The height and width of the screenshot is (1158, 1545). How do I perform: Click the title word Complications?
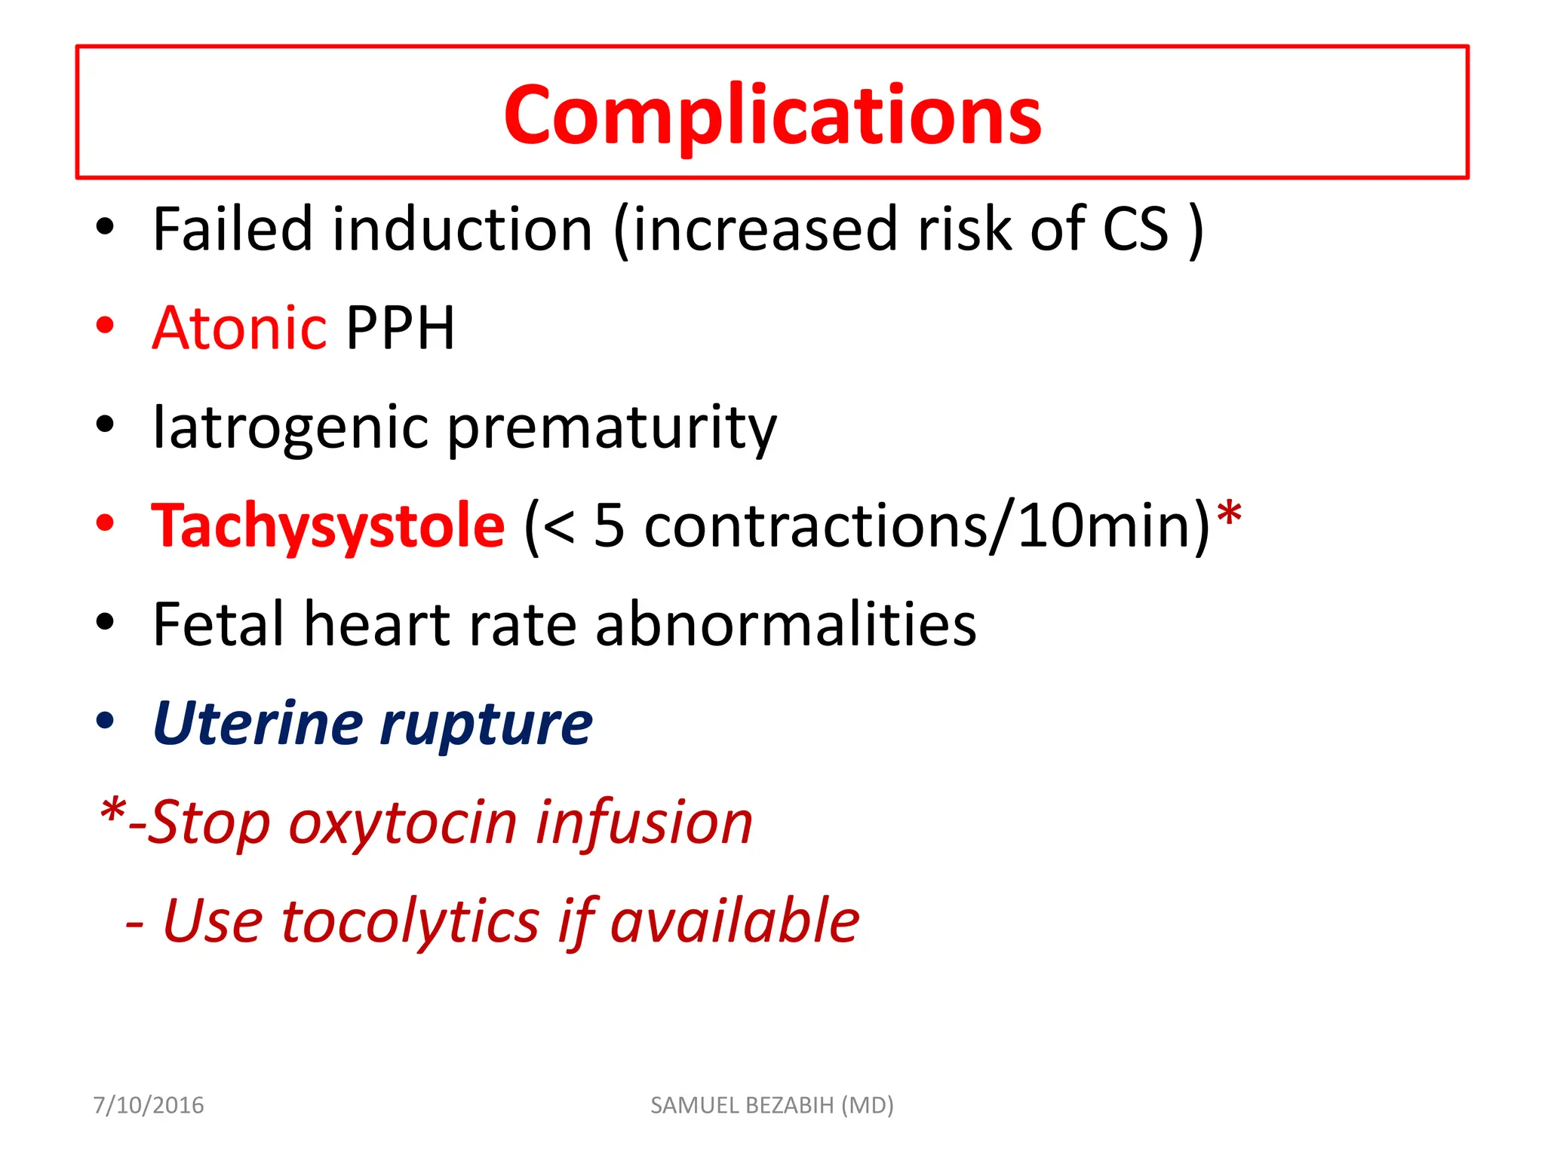pyautogui.click(x=772, y=115)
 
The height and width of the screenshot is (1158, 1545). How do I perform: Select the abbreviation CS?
pyautogui.click(x=1135, y=229)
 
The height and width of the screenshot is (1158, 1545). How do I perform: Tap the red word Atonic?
pyautogui.click(x=239, y=328)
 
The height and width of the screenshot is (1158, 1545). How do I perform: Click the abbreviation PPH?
pyautogui.click(x=400, y=328)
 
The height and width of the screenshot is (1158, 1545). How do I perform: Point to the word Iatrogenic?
pyautogui.click(x=291, y=427)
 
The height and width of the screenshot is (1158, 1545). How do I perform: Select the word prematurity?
pyautogui.click(x=612, y=427)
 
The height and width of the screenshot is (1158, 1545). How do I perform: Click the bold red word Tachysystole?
pyautogui.click(x=328, y=525)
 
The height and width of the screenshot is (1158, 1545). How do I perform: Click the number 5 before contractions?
pyautogui.click(x=609, y=525)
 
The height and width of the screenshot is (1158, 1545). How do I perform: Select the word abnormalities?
pyautogui.click(x=785, y=624)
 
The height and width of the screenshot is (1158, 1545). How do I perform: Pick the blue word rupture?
pyautogui.click(x=487, y=724)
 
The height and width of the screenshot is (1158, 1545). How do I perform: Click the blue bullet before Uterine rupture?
pyautogui.click(x=105, y=721)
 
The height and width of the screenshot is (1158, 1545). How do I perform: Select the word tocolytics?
pyautogui.click(x=411, y=921)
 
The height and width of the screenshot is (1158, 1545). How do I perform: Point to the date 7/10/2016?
pyautogui.click(x=148, y=1105)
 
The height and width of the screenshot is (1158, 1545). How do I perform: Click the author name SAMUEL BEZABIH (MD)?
pyautogui.click(x=772, y=1105)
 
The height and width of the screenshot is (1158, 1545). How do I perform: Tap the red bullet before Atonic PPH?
pyautogui.click(x=105, y=326)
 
